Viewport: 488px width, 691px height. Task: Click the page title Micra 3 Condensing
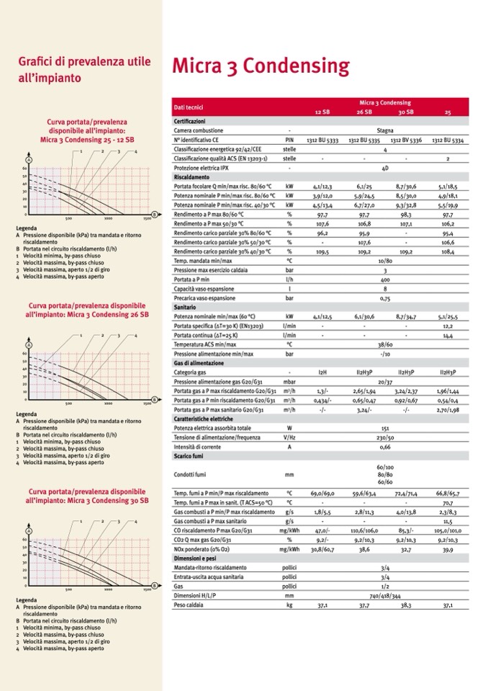(260, 67)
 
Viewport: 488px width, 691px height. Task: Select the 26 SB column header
(364, 112)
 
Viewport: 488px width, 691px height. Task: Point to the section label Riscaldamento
(191, 177)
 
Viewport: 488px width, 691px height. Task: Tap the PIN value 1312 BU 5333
(321, 140)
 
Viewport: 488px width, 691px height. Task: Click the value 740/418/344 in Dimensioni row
(385, 597)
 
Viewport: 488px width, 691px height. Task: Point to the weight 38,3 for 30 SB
(406, 606)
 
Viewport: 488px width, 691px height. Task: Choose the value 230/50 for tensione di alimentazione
(385, 437)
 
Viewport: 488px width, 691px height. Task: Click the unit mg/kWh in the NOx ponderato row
(289, 549)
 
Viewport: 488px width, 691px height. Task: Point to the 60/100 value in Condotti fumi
(385, 468)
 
